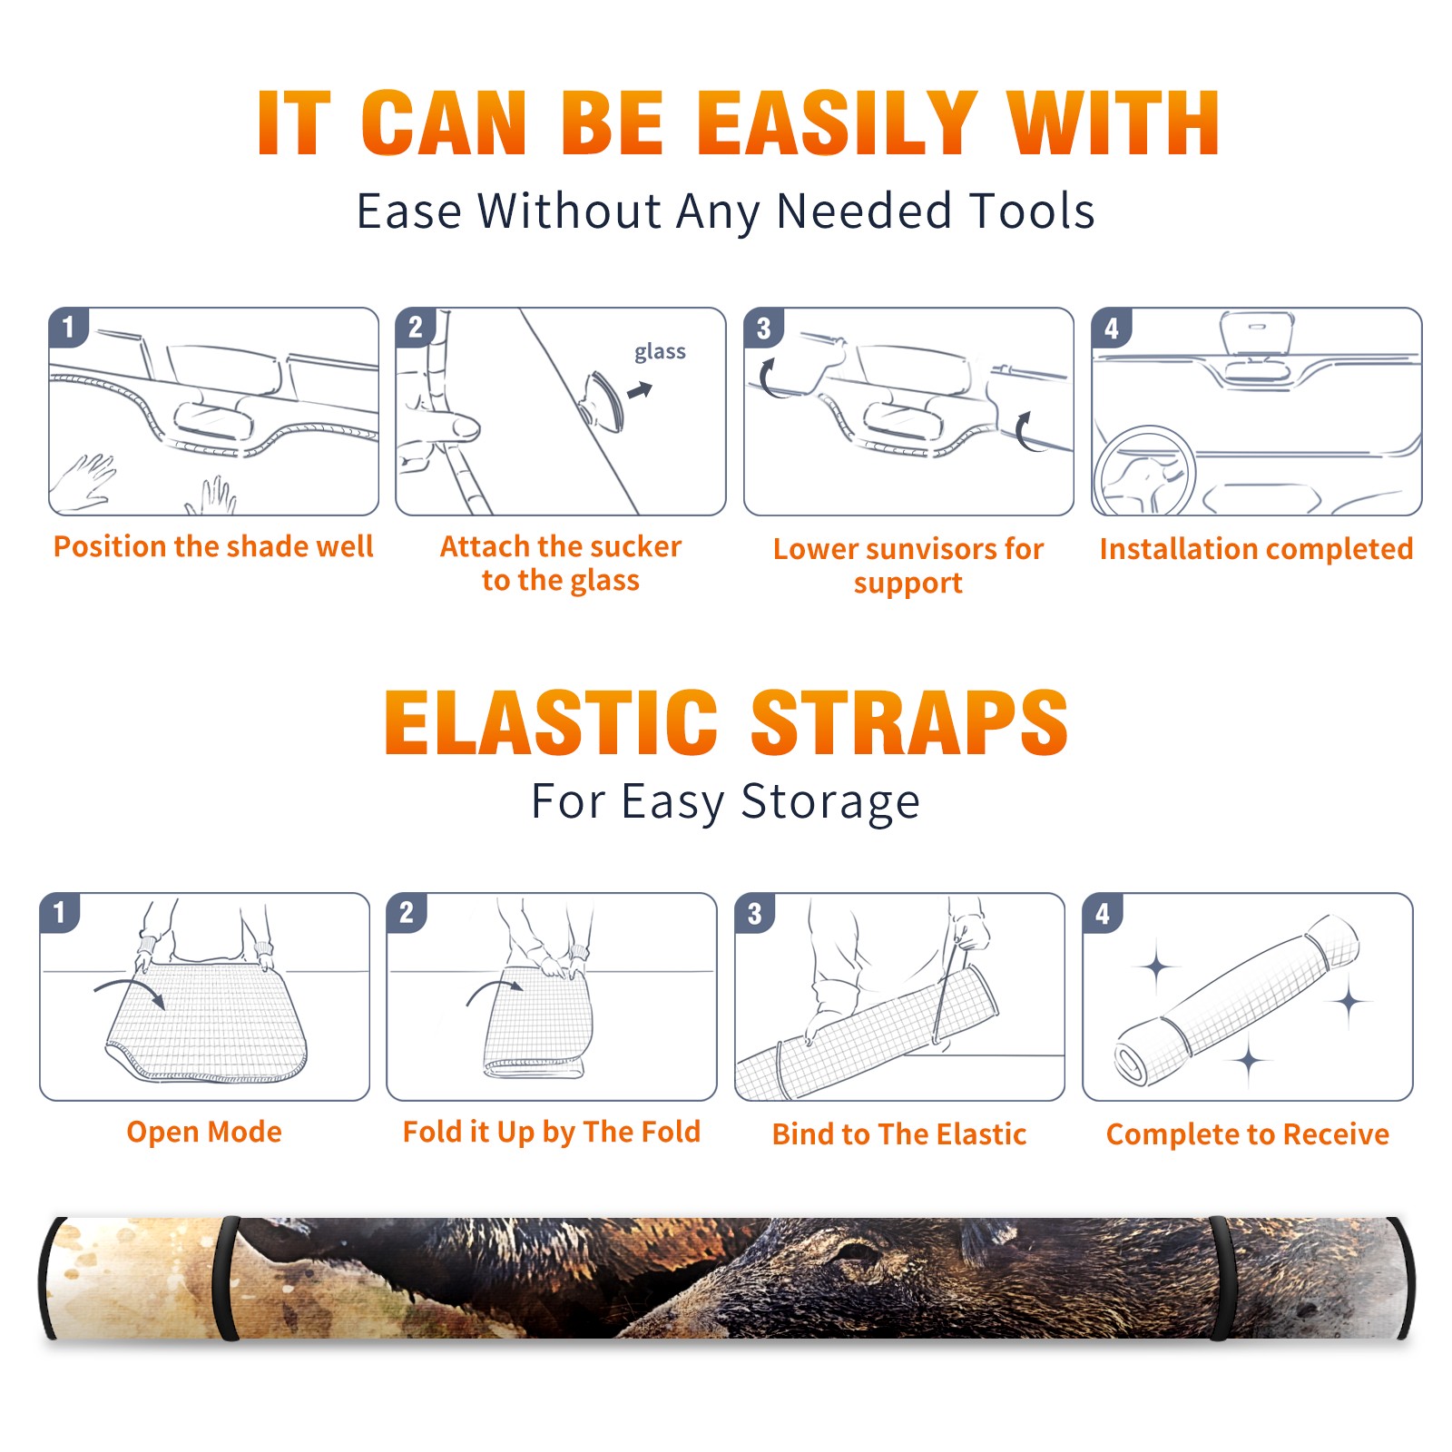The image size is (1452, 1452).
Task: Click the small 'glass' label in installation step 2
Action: (x=660, y=352)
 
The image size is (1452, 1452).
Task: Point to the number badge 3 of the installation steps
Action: (x=763, y=329)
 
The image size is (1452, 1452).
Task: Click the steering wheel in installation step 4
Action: (x=1144, y=472)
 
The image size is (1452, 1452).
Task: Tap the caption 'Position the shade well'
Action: (x=213, y=546)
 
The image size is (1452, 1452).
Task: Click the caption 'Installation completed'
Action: (x=1256, y=548)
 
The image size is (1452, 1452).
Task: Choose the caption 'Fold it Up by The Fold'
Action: (x=552, y=1132)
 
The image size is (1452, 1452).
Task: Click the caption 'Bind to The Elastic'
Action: (x=899, y=1134)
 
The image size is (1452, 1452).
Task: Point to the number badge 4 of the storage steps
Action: (x=1103, y=913)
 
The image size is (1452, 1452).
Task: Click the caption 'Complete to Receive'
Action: (x=1248, y=1134)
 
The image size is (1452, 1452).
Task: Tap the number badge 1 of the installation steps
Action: (x=68, y=327)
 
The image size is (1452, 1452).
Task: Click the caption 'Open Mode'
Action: (x=204, y=1132)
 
